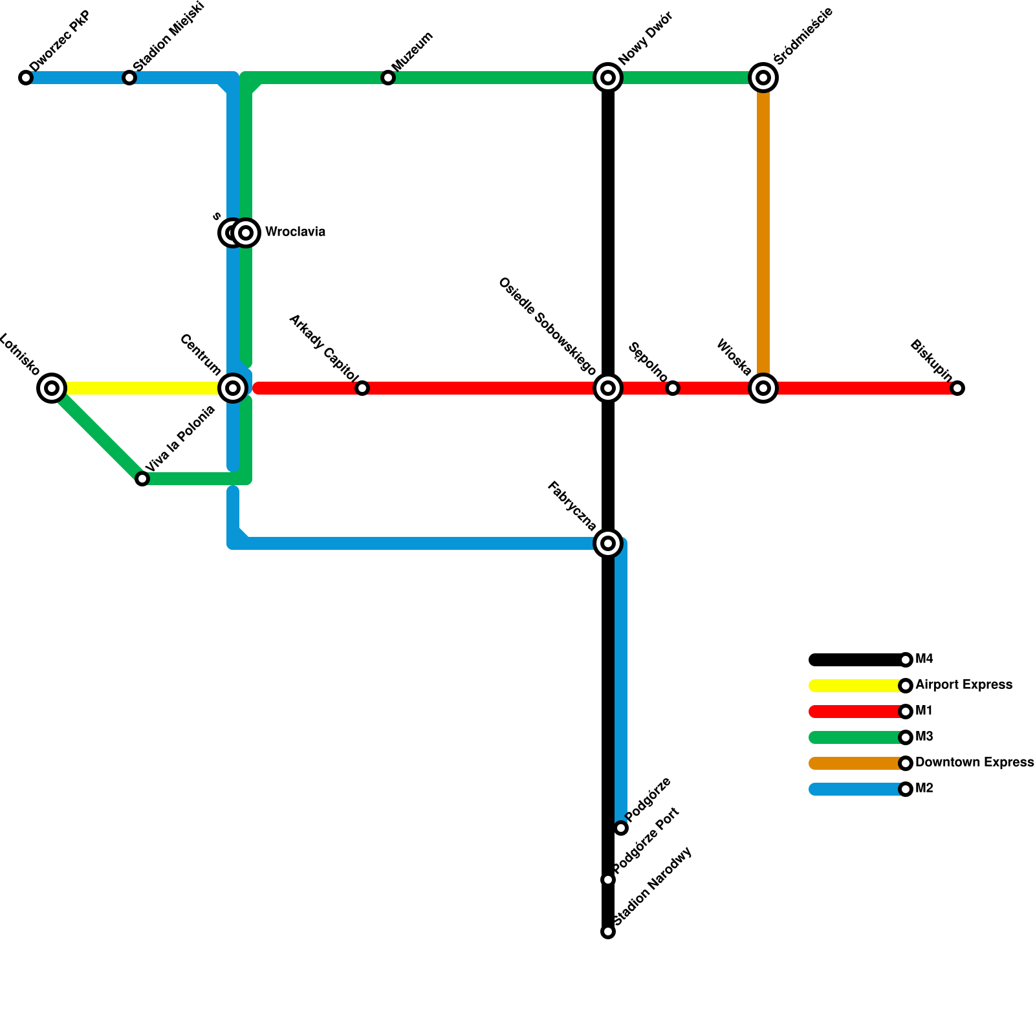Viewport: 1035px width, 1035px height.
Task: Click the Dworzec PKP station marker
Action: [x=26, y=78]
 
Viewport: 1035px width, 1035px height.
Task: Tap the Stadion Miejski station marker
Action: [x=129, y=78]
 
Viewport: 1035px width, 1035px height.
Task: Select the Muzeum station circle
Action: [x=387, y=78]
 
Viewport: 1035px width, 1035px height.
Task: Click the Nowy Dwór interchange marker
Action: [x=607, y=78]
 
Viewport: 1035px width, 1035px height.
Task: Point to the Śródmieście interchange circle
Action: [x=763, y=78]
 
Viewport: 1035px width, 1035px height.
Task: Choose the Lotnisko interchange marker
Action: [x=52, y=388]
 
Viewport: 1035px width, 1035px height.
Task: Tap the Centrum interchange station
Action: [x=233, y=388]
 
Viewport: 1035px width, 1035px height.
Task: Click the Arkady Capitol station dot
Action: [x=362, y=388]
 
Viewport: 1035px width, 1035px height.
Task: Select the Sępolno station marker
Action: [x=673, y=388]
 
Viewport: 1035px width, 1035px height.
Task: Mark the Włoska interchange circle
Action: [x=763, y=388]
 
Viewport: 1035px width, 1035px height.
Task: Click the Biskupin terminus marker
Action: [x=957, y=388]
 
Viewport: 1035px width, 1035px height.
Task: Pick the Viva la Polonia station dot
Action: [x=142, y=479]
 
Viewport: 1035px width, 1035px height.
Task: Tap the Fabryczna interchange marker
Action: [x=607, y=543]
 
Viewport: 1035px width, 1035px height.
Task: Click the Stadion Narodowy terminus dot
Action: [x=607, y=931]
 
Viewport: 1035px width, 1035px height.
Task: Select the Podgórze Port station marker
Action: [x=607, y=880]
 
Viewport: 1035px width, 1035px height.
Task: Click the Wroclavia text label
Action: [x=295, y=232]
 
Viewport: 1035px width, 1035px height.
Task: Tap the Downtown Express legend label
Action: [x=974, y=763]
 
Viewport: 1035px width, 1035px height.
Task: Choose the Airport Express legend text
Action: [x=964, y=685]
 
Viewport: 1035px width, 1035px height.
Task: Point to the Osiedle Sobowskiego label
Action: [x=547, y=327]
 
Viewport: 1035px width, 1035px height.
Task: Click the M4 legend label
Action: [x=924, y=659]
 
